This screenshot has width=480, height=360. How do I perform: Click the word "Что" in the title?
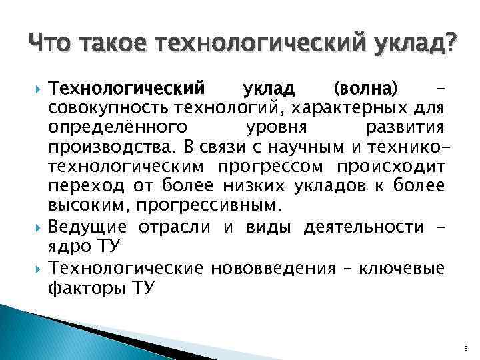point(52,45)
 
